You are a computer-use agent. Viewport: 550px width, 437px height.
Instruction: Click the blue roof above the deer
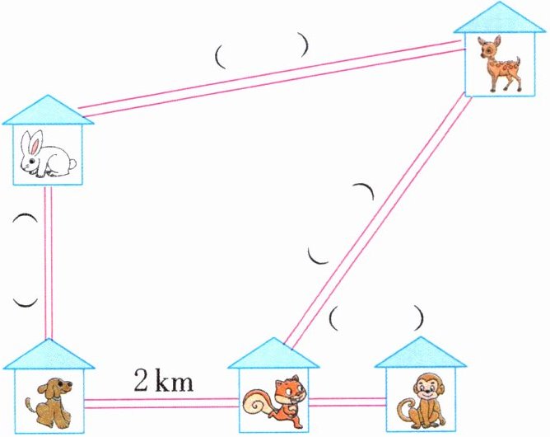click(x=500, y=17)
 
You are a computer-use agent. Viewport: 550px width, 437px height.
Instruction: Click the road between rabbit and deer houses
click(x=272, y=79)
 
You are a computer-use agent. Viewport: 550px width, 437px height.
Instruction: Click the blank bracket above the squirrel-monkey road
click(x=376, y=317)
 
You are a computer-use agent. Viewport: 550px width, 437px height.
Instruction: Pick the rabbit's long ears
click(x=31, y=140)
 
